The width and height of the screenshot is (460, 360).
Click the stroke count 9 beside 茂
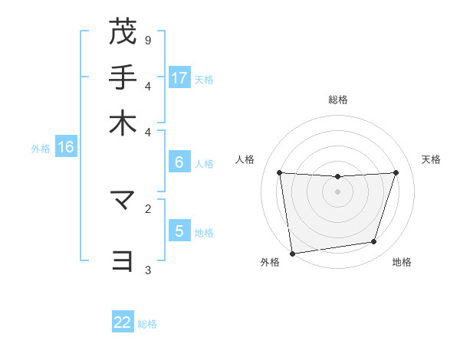coord(148,40)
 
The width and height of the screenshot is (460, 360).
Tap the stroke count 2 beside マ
coord(148,208)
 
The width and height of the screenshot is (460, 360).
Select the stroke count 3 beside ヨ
coord(148,269)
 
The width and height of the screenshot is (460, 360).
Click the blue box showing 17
coord(179,78)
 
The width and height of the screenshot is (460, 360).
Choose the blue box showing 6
coord(179,162)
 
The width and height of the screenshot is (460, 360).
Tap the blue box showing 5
coord(179,231)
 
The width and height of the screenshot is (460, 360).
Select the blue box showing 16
coord(66,148)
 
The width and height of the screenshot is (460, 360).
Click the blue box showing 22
coord(123,322)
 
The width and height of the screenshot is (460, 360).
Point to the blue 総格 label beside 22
coord(147,324)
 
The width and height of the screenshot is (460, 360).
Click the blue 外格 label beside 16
coord(41,149)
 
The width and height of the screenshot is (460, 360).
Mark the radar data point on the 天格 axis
coord(396,172)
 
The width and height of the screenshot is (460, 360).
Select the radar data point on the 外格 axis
coord(292,253)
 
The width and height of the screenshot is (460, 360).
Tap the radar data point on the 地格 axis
coord(374,242)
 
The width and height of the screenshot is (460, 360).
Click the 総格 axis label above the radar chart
coord(337,100)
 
